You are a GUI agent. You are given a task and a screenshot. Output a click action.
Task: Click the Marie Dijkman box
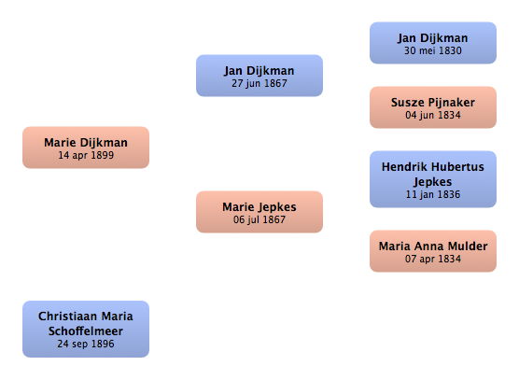pos(86,148)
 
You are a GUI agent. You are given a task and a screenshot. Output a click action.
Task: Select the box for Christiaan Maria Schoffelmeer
pos(86,329)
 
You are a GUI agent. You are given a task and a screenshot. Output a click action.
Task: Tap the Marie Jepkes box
pos(259,212)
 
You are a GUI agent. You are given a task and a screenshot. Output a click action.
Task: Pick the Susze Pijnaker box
pos(433,107)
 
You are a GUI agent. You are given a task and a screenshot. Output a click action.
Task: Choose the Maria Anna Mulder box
pos(433,251)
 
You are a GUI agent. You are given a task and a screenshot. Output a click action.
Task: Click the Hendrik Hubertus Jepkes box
pos(433,179)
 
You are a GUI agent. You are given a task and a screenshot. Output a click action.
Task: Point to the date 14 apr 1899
pos(86,155)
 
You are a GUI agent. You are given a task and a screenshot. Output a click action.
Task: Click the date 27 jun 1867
pos(259,83)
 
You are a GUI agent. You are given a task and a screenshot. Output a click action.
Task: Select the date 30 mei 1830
pos(433,50)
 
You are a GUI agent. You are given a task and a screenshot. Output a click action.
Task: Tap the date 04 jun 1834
pos(433,115)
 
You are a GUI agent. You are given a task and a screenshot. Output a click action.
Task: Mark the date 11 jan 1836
pos(433,194)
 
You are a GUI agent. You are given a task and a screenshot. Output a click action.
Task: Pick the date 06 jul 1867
pos(259,219)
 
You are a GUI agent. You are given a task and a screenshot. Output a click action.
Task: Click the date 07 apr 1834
pos(433,259)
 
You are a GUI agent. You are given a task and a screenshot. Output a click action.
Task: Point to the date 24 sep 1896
pos(86,344)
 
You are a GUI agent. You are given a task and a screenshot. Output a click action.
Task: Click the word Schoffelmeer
pos(86,331)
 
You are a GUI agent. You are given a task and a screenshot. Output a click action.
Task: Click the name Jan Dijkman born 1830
pos(433,38)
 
